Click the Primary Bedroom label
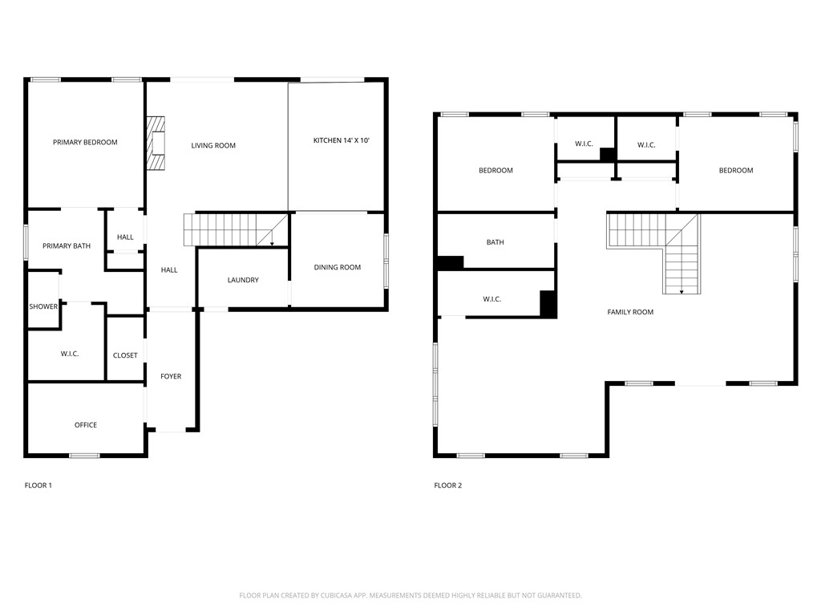85,143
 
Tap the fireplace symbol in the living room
155,143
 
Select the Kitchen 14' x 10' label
341,141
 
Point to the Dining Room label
337,268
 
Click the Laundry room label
243,281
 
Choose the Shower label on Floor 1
43,307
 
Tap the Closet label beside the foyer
125,356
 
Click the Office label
86,425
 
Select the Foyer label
171,377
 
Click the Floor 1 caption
38,485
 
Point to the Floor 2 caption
448,485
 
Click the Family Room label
630,312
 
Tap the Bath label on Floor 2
495,242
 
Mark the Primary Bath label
67,246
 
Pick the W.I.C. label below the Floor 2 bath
492,300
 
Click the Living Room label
213,146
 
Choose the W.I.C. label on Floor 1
70,355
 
